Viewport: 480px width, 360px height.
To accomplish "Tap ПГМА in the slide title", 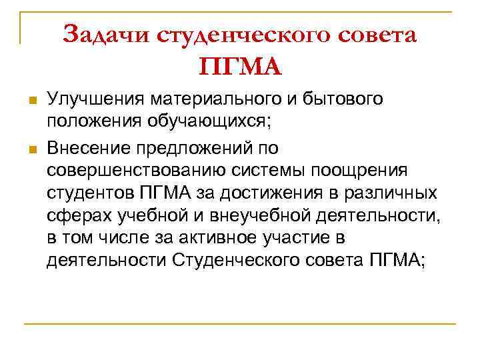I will pos(240,67).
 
